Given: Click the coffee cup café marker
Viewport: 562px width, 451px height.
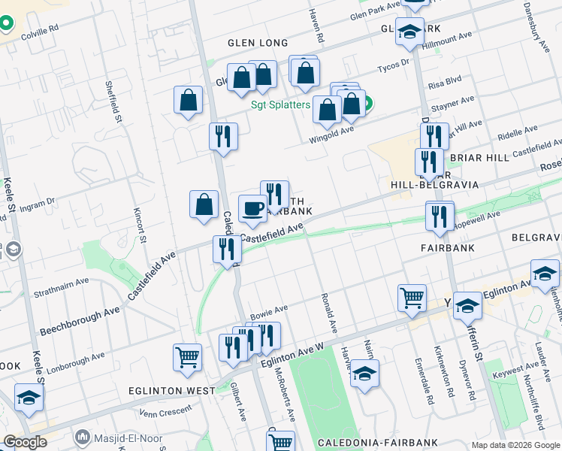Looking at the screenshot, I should coord(252,208).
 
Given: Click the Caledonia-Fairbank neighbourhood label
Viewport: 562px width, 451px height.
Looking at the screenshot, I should coord(364,443).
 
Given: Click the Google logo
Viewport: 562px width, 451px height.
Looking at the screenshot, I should coord(25,442).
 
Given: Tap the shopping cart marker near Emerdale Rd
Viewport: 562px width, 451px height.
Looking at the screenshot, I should coord(412,297).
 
